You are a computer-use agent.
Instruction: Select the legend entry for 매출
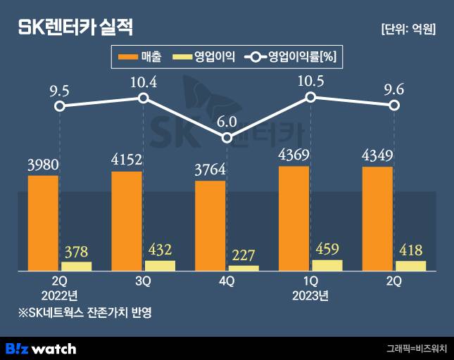click(x=140, y=58)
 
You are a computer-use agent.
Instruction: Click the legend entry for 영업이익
click(x=204, y=58)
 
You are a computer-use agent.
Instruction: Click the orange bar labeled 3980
click(x=43, y=223)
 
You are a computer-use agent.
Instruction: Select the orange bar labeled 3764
click(x=210, y=226)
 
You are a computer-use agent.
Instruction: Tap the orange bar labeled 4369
click(x=294, y=219)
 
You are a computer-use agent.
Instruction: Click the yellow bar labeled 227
click(x=244, y=268)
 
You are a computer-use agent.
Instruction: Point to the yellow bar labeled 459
click(x=327, y=265)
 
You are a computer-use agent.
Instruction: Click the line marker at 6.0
click(x=227, y=138)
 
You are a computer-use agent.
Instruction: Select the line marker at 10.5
click(x=310, y=98)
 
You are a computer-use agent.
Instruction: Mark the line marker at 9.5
click(x=60, y=106)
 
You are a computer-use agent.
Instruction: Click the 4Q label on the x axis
click(x=227, y=281)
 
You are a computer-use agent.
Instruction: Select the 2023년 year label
click(x=310, y=295)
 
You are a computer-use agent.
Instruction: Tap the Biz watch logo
click(x=41, y=348)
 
